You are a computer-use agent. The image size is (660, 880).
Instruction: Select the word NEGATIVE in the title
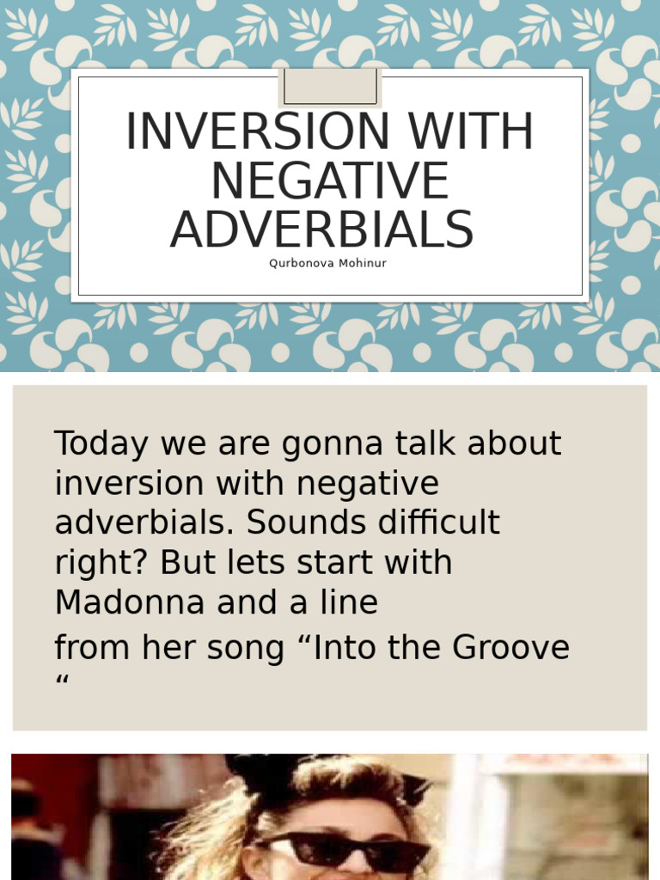[329, 181]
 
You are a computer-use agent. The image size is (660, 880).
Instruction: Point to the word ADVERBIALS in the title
[321, 230]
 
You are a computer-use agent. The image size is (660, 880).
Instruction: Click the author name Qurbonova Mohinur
[327, 264]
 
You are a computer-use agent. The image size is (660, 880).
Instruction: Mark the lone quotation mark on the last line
[61, 683]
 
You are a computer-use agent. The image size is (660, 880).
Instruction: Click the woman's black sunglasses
[347, 849]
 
